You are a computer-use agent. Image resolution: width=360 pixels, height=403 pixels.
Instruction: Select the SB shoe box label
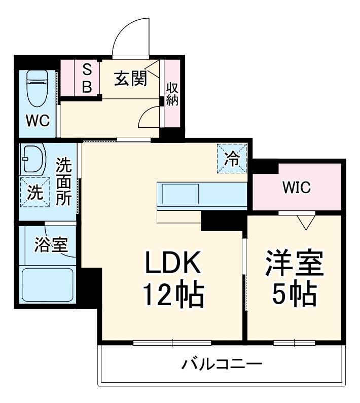point(87,79)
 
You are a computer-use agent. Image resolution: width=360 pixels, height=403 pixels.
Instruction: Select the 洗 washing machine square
point(34,192)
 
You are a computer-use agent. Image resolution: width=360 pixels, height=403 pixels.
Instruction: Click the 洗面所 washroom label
point(63,181)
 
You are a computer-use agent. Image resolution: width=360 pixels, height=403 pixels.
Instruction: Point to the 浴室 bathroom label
point(51,245)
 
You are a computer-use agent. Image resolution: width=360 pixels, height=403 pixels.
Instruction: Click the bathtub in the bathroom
point(47,285)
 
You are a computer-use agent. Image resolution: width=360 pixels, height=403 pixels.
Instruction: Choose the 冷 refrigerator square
point(232,159)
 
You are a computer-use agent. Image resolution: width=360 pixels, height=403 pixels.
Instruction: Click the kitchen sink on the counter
point(180,194)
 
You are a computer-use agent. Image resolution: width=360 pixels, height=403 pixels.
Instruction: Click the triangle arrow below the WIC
point(305,222)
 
